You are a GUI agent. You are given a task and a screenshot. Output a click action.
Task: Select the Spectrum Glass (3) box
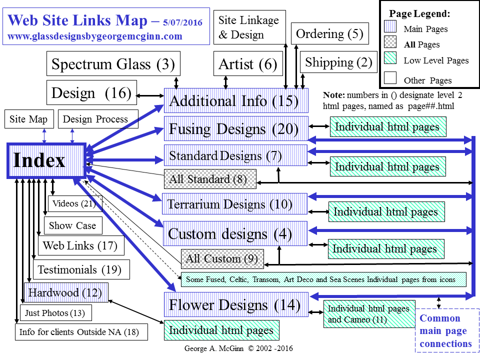(x=113, y=64)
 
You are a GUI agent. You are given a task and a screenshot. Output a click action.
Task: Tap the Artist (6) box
(x=247, y=64)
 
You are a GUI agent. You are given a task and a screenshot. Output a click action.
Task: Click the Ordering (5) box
(x=329, y=34)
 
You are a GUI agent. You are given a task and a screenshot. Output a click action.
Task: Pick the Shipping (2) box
(x=338, y=62)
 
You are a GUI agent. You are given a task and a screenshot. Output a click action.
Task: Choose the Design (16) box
(x=91, y=93)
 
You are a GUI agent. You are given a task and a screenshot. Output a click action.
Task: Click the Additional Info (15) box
(x=236, y=100)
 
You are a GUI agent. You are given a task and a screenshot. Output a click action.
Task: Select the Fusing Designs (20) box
(x=235, y=129)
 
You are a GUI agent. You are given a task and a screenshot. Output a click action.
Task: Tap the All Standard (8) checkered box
(x=210, y=179)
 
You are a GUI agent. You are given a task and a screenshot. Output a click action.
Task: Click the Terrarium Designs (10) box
(x=234, y=204)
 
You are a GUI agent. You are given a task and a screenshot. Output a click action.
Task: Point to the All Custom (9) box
(x=222, y=258)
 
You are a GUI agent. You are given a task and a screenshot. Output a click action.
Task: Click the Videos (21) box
(x=75, y=203)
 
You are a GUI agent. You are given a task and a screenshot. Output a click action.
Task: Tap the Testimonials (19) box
(x=81, y=269)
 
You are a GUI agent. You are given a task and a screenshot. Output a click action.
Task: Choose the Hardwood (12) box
(x=66, y=292)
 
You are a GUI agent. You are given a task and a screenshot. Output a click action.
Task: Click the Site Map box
(x=28, y=119)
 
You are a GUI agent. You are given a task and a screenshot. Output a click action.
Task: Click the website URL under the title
(x=95, y=36)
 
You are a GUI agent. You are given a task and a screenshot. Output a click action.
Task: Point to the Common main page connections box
(x=447, y=331)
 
